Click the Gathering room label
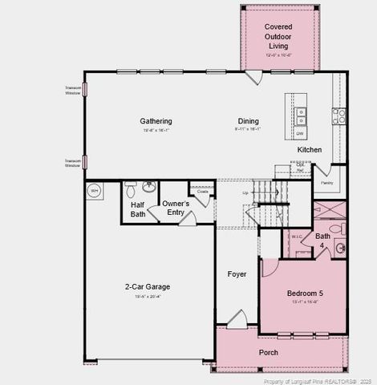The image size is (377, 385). pyautogui.click(x=157, y=121)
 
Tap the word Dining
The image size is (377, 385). pyautogui.click(x=248, y=121)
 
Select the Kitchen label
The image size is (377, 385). pyautogui.click(x=310, y=150)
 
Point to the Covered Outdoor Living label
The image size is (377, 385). pyautogui.click(x=278, y=35)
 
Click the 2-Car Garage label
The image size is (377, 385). pyautogui.click(x=147, y=286)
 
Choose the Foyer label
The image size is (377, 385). pyautogui.click(x=237, y=274)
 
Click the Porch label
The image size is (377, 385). pyautogui.click(x=269, y=353)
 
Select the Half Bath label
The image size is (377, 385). pyautogui.click(x=138, y=209)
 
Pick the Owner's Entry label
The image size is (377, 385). pyautogui.click(x=176, y=209)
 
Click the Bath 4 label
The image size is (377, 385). pyautogui.click(x=322, y=241)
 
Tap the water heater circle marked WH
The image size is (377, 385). pyautogui.click(x=94, y=191)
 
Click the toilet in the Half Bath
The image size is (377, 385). pyautogui.click(x=131, y=191)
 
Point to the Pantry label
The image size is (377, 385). pyautogui.click(x=326, y=183)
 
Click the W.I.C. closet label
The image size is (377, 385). pyautogui.click(x=296, y=237)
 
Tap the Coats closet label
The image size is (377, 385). pyautogui.click(x=202, y=192)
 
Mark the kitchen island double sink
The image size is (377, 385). pyautogui.click(x=301, y=116)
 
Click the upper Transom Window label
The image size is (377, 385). pyautogui.click(x=73, y=91)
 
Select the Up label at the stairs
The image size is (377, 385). pyautogui.click(x=245, y=193)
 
